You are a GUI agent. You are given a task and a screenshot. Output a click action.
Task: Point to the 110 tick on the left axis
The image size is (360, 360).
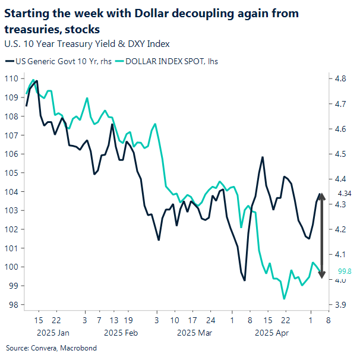[x=12, y=78]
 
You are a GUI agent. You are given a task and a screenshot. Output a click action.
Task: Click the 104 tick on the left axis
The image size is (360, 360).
[x=12, y=191]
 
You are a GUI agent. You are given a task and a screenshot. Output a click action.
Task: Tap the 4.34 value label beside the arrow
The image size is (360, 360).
[x=345, y=194]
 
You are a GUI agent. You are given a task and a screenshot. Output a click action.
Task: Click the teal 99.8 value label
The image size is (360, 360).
[x=345, y=271]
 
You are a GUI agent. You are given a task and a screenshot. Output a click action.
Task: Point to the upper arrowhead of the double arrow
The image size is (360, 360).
[x=321, y=196]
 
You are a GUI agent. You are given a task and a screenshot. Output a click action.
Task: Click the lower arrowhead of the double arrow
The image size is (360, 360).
[x=321, y=274]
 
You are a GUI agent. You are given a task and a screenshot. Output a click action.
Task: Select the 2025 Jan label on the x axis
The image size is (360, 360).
[x=53, y=333]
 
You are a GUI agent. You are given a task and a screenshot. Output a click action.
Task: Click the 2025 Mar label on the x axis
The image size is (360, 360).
[x=195, y=333]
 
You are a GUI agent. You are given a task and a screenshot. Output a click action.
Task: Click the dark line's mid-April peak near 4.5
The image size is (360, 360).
[x=262, y=157]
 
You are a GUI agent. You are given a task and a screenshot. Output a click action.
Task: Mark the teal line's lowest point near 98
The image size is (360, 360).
[x=284, y=298]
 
